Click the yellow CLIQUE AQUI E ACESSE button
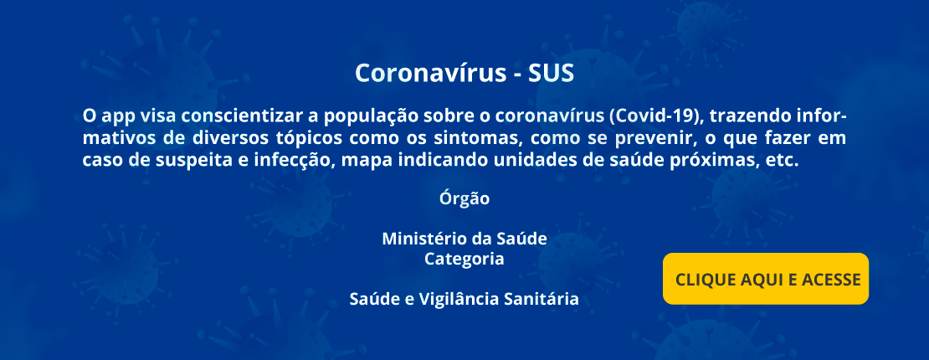tap(766, 279)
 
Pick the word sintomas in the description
tap(488, 137)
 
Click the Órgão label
tap(464, 198)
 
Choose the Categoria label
tap(464, 260)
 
